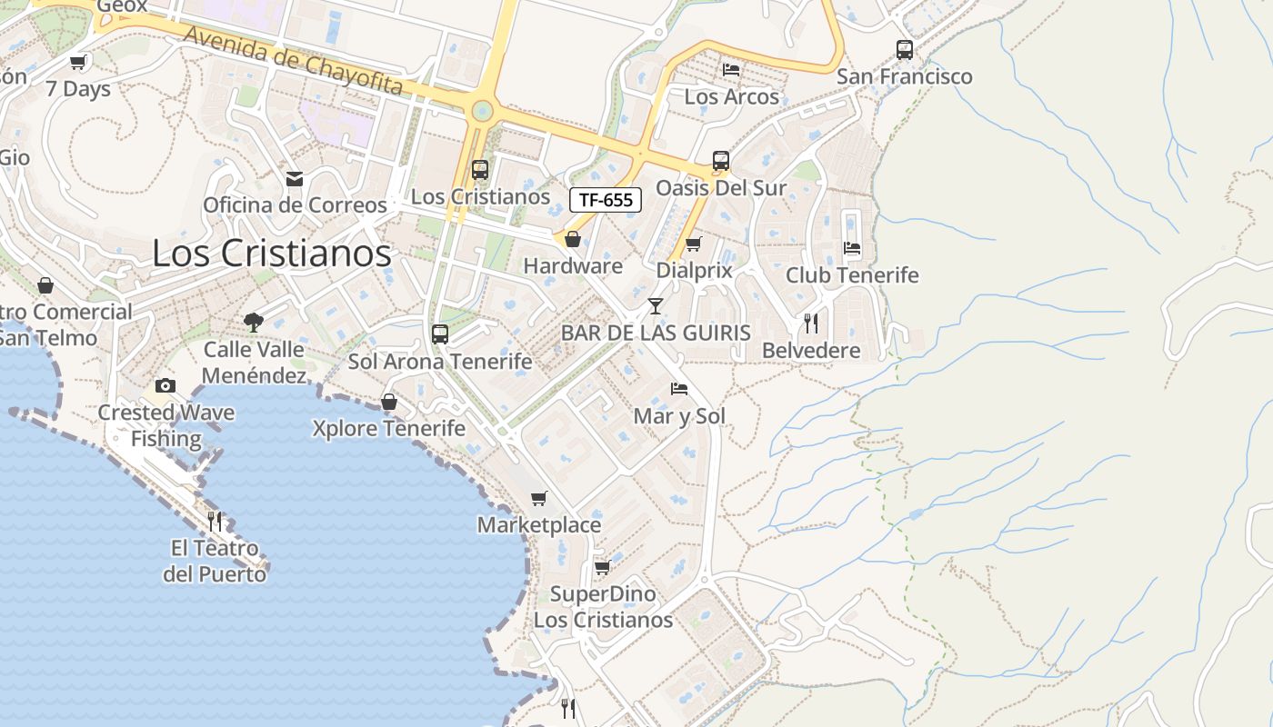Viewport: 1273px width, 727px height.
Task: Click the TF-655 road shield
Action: (606, 200)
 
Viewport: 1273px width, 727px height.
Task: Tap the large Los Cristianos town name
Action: (271, 253)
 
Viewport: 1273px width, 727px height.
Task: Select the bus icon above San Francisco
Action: (904, 50)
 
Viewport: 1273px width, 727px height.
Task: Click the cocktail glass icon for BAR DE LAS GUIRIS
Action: (655, 305)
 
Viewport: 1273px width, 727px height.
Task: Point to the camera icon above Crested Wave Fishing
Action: (165, 385)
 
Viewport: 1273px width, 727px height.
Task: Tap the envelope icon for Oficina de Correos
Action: (295, 178)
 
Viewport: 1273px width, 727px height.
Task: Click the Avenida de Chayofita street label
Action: (294, 60)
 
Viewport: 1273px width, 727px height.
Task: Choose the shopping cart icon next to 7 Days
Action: (78, 62)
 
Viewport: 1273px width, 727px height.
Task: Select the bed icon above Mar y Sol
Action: (678, 389)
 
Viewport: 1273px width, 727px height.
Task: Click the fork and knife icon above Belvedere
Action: (810, 323)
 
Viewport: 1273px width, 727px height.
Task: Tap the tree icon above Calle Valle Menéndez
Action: (254, 321)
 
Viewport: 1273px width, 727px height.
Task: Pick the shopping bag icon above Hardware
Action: (573, 239)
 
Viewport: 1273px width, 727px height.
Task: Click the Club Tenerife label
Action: (852, 274)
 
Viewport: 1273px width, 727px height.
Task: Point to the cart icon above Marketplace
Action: (539, 498)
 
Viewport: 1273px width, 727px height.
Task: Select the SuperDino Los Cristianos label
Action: (603, 607)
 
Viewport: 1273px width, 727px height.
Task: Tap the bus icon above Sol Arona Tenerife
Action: (440, 334)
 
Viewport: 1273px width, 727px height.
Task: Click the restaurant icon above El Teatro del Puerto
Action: (215, 521)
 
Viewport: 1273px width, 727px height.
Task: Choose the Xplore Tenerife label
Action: (388, 428)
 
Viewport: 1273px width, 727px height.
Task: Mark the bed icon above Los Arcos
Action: (731, 70)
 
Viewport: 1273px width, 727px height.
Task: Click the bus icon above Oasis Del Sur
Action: (721, 161)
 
